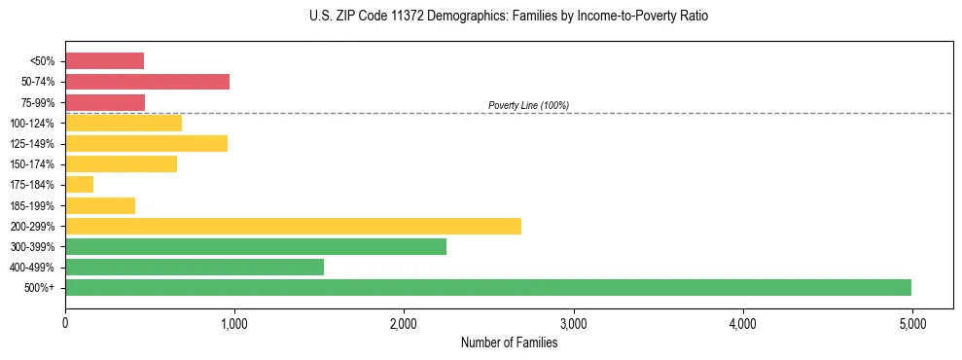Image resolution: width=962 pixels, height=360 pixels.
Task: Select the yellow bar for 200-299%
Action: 293,226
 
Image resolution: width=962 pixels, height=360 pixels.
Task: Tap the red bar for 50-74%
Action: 147,82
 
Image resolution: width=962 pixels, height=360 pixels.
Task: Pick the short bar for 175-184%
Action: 79,184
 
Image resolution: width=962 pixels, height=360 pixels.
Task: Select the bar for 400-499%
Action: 195,267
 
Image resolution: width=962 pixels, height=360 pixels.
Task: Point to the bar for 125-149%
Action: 146,143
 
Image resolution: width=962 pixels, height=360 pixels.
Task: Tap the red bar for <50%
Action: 104,61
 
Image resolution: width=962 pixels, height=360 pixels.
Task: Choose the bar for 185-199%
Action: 100,205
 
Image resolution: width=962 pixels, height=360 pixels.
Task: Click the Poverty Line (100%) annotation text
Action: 528,105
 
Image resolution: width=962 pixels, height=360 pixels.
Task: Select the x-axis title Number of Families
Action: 510,342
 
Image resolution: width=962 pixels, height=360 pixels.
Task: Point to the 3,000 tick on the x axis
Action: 574,323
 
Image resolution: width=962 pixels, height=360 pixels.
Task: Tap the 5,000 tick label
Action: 912,323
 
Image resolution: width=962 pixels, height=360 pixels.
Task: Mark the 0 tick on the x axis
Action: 65,323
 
